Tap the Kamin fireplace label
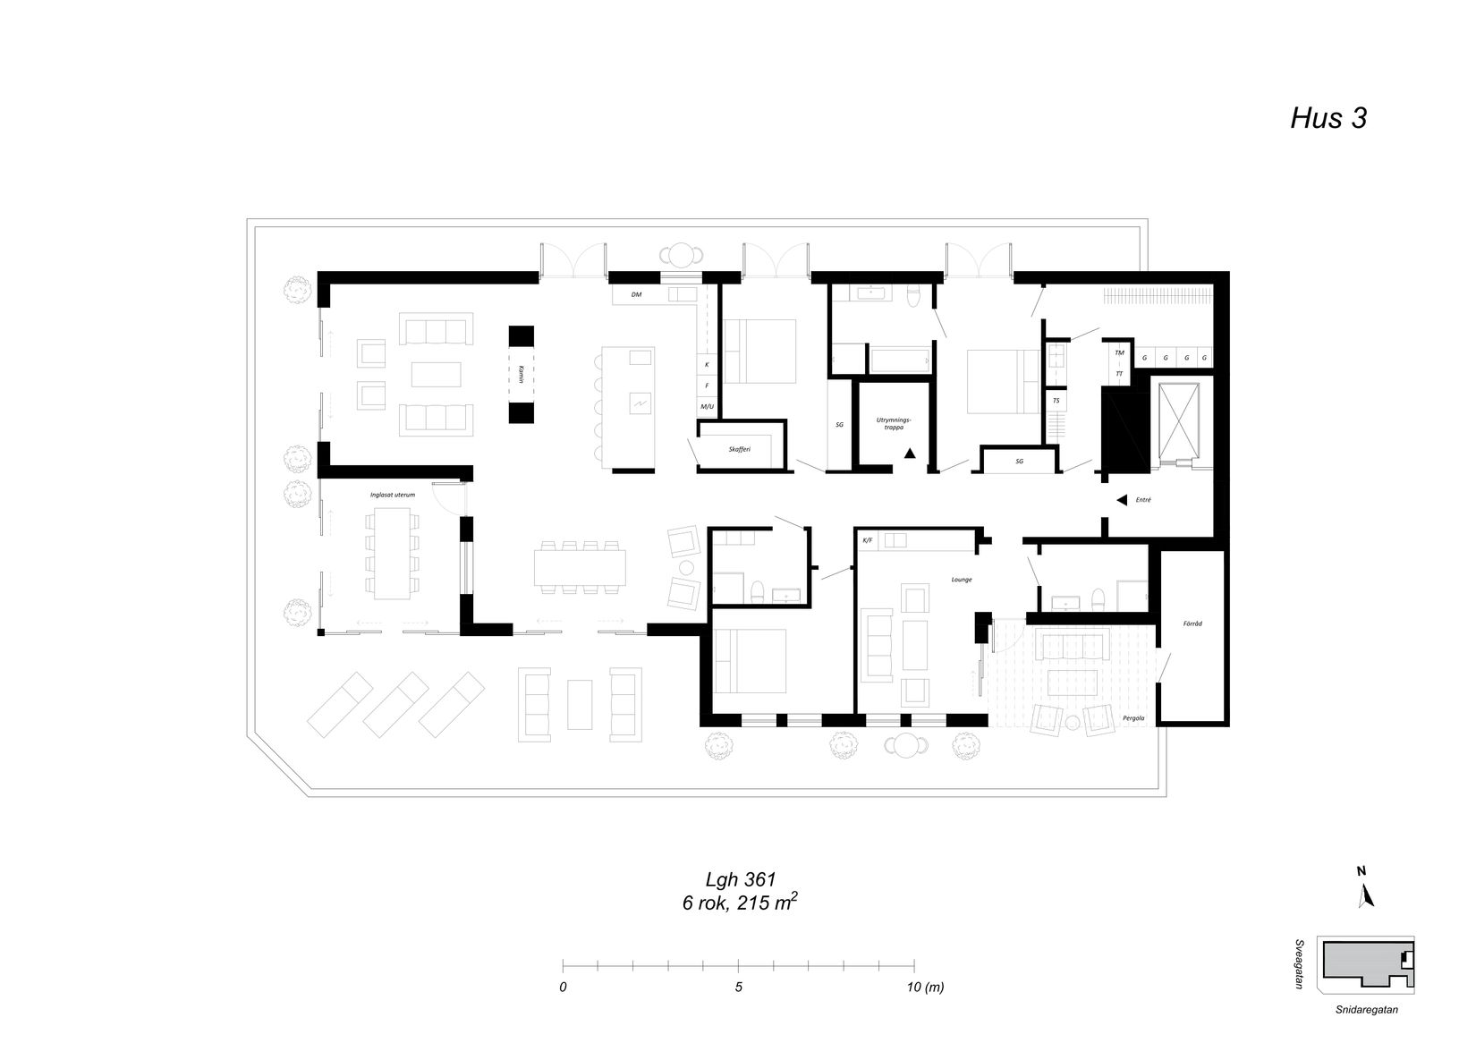pyautogui.click(x=520, y=374)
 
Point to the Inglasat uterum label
pyautogui.click(x=393, y=494)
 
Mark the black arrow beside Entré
pyautogui.click(x=1121, y=501)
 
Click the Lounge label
pyautogui.click(x=962, y=580)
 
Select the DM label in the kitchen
pyautogui.click(x=636, y=294)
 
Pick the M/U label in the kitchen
pyautogui.click(x=707, y=407)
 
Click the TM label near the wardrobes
pyautogui.click(x=1118, y=352)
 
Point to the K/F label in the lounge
pyautogui.click(x=867, y=540)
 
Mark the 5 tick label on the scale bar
pyautogui.click(x=738, y=988)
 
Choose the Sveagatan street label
pyautogui.click(x=1299, y=964)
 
